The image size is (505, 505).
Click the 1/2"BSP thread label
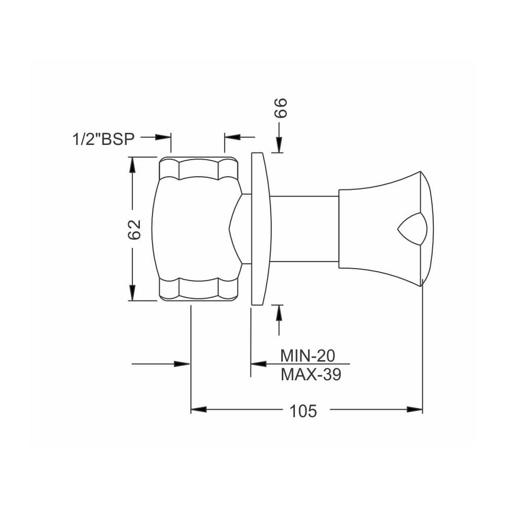[104, 139]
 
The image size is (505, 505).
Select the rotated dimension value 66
[280, 108]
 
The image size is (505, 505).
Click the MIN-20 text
[308, 356]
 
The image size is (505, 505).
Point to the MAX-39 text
[311, 375]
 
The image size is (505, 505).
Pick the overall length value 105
[303, 411]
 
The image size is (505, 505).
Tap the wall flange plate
[261, 229]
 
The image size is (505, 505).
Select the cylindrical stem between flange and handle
[305, 229]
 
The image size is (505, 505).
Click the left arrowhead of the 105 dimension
[198, 410]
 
